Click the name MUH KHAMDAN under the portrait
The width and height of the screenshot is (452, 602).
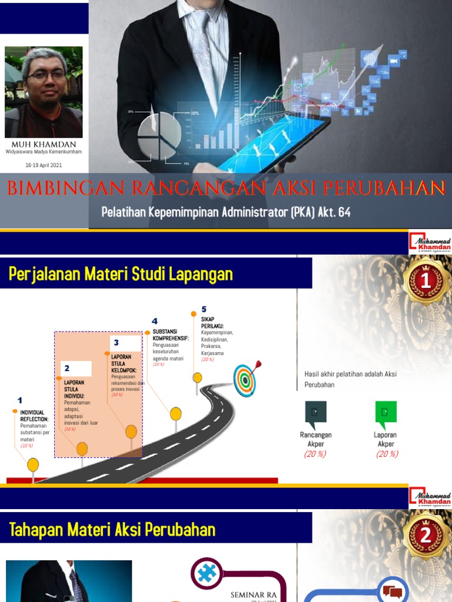pos(44,144)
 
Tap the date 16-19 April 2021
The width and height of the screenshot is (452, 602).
pos(44,165)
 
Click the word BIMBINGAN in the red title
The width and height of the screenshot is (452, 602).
pos(65,188)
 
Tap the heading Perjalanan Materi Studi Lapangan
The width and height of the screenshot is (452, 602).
pos(121,274)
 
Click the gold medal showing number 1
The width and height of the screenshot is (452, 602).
pos(425,282)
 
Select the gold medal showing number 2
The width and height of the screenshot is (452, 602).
pos(425,536)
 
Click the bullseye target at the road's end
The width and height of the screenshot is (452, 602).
pos(245,379)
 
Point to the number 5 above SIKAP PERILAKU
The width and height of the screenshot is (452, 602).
pos(204,309)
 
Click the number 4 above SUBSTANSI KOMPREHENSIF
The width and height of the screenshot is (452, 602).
pos(155,321)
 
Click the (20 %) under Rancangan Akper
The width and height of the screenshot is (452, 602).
pos(315,454)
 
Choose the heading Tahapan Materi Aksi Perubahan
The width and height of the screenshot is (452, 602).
pos(112,530)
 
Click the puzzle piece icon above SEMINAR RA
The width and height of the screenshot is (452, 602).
pos(207,573)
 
